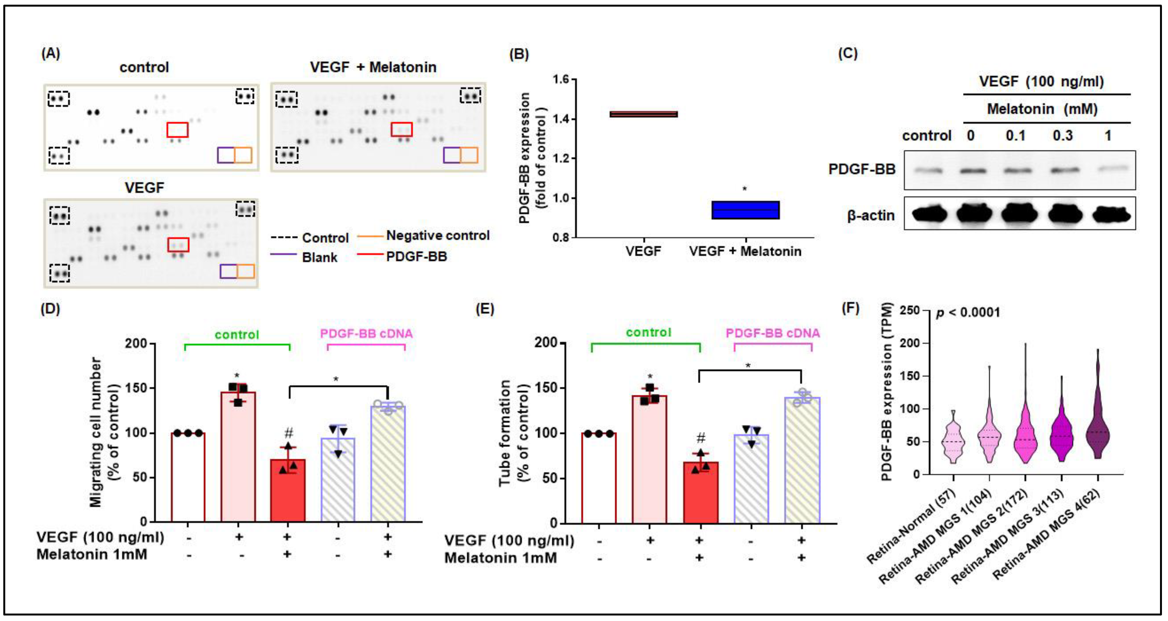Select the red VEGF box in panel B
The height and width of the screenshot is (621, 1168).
(x=644, y=114)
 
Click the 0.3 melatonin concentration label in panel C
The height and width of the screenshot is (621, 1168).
(x=1062, y=135)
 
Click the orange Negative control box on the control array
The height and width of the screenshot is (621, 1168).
(x=243, y=155)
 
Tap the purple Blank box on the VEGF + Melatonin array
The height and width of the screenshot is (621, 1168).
(x=451, y=155)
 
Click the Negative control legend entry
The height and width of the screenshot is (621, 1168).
(x=437, y=235)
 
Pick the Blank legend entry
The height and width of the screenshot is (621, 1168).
(x=319, y=257)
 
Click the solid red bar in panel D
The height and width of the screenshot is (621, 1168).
(x=288, y=490)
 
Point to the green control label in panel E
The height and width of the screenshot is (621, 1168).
(x=648, y=332)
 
